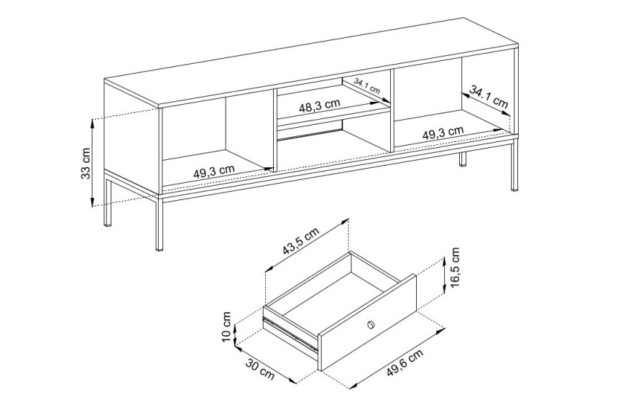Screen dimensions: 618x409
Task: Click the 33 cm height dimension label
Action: [86, 163]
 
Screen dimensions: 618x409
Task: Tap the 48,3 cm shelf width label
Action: [320, 105]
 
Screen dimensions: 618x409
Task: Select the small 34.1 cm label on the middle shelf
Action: [366, 86]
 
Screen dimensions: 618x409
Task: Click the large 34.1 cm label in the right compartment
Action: [489, 98]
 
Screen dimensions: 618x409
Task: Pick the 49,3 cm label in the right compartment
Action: [443, 133]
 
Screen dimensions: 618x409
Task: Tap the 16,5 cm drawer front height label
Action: [455, 267]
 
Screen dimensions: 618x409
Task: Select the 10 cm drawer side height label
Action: [226, 326]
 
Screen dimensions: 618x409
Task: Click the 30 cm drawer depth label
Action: [260, 369]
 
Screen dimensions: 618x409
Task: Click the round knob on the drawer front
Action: [370, 324]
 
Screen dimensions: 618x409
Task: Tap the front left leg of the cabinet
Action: [160, 222]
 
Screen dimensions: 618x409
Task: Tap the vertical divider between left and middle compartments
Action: [274, 131]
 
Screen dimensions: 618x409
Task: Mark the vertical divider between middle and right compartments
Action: [392, 111]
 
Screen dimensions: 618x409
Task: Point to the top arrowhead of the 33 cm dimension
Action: [92, 123]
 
